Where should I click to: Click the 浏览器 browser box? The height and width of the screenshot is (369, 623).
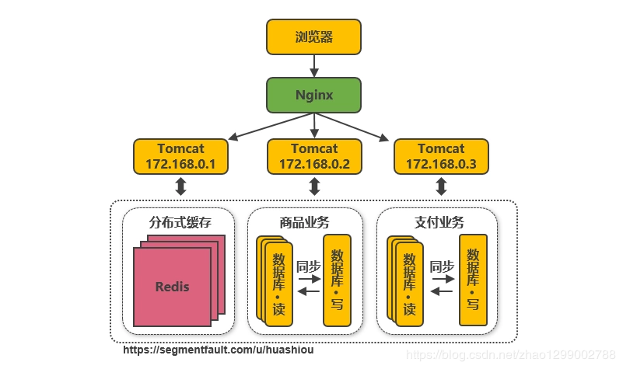tap(313, 37)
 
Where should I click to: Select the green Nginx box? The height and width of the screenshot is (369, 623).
tap(313, 96)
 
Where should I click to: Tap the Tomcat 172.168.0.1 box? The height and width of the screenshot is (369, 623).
tap(180, 156)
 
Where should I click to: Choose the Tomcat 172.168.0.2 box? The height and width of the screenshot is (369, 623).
tap(313, 156)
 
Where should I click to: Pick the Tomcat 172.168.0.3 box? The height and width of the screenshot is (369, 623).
tap(441, 156)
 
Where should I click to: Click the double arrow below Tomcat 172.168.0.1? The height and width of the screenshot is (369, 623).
tap(180, 186)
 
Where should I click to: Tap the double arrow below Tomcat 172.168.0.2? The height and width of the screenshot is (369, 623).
tap(314, 186)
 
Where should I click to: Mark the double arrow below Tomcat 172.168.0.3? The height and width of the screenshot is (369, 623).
tap(441, 186)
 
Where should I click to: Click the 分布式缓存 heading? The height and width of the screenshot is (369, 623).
tap(180, 222)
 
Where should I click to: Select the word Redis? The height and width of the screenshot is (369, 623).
tap(172, 286)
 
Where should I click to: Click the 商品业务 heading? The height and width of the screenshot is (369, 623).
tap(306, 222)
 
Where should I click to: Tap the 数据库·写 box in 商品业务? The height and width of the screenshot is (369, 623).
tap(337, 279)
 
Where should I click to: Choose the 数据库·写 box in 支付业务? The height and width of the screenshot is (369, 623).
tap(473, 279)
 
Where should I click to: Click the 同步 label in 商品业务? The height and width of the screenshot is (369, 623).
tap(308, 266)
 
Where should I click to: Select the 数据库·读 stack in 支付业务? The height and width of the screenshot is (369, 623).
tap(405, 282)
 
